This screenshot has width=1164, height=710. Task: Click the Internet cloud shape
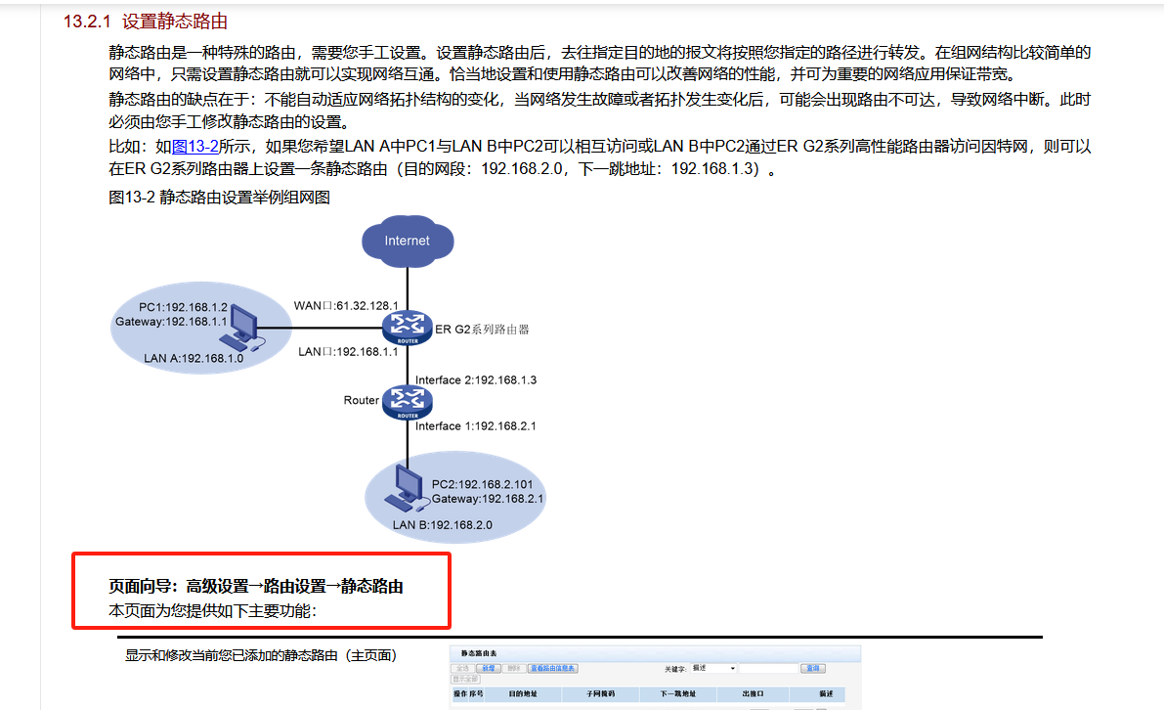(x=407, y=241)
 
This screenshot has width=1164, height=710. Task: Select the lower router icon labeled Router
(x=407, y=401)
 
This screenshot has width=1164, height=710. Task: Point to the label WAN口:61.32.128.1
(x=346, y=305)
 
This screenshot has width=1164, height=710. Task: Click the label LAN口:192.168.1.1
(x=348, y=350)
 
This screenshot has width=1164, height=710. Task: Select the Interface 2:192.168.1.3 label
(x=476, y=379)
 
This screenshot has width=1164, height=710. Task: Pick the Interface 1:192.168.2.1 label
(x=476, y=425)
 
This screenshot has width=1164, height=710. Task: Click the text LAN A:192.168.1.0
(x=194, y=358)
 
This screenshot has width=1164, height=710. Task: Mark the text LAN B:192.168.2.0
(x=442, y=524)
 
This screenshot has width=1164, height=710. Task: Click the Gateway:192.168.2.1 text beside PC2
(x=488, y=499)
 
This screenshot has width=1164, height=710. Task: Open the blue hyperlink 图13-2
(x=195, y=147)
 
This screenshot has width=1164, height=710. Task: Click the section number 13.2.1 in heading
(x=87, y=22)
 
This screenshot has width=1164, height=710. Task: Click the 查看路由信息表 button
(x=553, y=668)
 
